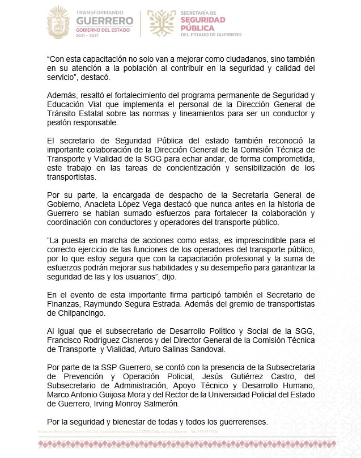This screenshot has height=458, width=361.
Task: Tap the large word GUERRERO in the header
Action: (x=105, y=21)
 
